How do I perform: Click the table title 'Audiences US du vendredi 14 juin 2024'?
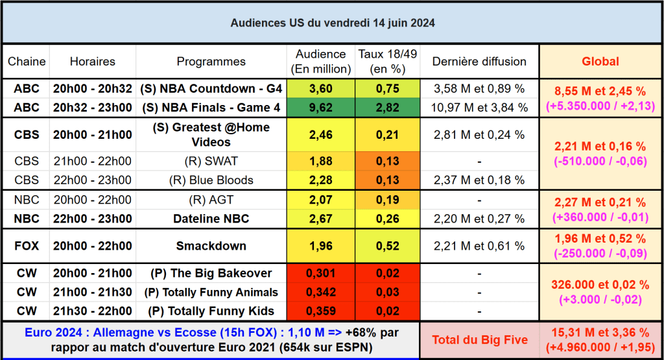(332, 23)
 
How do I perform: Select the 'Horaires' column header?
(92, 62)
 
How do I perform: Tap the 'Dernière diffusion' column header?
(479, 62)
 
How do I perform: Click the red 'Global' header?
(600, 62)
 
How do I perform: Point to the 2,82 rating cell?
(388, 107)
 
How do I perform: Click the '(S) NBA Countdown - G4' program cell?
(211, 89)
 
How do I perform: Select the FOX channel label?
(27, 246)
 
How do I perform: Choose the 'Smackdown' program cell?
(211, 246)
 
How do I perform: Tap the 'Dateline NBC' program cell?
(211, 219)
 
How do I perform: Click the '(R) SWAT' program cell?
(211, 162)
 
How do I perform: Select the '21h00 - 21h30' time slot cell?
(92, 292)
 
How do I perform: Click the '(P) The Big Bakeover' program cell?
(211, 273)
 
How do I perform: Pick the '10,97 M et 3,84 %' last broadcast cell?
(479, 107)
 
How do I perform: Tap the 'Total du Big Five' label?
(479, 339)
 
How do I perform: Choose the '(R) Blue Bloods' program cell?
(211, 180)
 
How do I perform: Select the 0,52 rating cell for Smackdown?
(388, 246)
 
